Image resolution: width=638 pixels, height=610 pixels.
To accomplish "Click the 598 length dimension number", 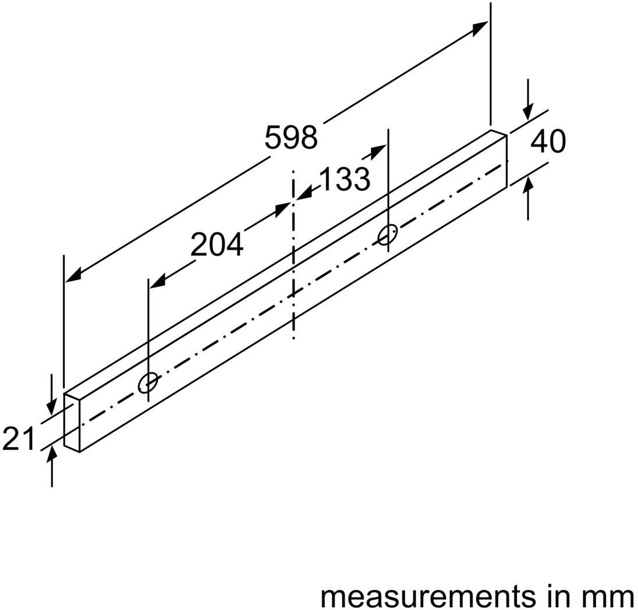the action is [291, 137].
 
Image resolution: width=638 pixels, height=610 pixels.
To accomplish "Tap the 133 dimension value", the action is [345, 179].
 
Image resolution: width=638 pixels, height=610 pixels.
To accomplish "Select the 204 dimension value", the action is [217, 244].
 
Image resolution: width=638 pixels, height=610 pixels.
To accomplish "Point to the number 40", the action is [548, 141].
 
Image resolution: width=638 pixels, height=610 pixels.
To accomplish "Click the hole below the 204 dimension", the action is [148, 382].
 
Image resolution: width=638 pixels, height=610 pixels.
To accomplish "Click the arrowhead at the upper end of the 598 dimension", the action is [480, 29].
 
